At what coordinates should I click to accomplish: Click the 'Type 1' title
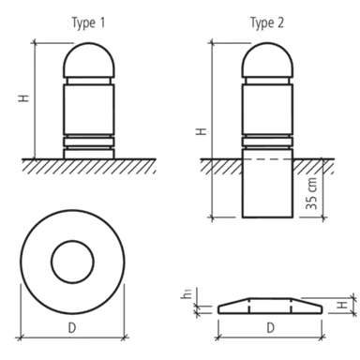point(88,23)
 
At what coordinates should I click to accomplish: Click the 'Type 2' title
point(267,23)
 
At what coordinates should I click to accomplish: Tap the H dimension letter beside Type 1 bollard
point(23,97)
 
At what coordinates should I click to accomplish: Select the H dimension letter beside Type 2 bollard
point(202,131)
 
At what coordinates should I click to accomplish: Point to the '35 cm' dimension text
point(311,194)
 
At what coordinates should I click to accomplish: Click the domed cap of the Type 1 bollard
point(89,44)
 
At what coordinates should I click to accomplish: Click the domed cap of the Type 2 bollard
point(267,44)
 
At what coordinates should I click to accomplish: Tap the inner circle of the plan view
point(72,241)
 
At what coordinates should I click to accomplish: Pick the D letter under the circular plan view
point(72,328)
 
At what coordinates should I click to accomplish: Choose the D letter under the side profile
point(271,328)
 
